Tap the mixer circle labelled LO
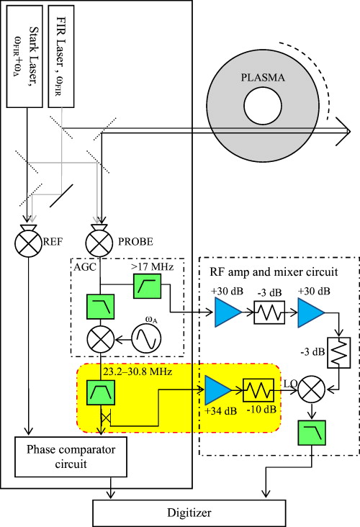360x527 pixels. pos(310,389)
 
